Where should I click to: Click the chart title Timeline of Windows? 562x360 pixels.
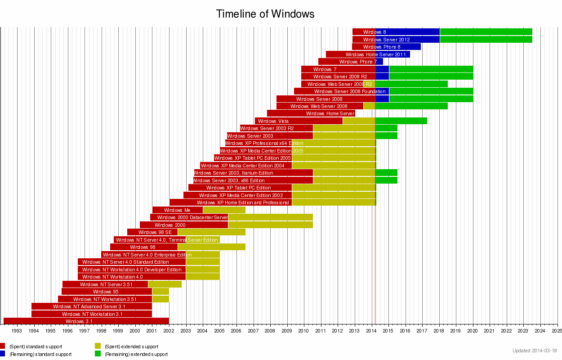click(x=265, y=14)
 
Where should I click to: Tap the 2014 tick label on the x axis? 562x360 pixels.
click(x=371, y=331)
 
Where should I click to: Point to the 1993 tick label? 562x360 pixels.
click(x=17, y=331)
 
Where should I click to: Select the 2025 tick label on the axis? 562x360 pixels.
click(x=557, y=331)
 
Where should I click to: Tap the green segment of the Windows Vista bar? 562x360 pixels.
click(x=401, y=121)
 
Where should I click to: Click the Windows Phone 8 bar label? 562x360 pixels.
click(x=381, y=47)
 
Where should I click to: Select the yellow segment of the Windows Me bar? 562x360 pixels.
click(x=224, y=210)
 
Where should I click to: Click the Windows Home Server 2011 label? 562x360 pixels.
click(x=375, y=54)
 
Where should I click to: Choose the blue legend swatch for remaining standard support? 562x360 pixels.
click(x=2, y=354)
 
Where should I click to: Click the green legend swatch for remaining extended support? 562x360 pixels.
click(x=98, y=354)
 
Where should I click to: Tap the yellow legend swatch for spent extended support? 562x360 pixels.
click(x=98, y=346)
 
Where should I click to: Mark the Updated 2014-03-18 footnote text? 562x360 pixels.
click(x=535, y=351)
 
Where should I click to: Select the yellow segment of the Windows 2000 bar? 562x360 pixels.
click(x=270, y=225)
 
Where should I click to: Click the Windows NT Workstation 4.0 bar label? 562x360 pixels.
click(x=112, y=277)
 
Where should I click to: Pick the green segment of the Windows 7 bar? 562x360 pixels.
click(x=431, y=69)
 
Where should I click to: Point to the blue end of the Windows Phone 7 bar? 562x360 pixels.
click(x=379, y=62)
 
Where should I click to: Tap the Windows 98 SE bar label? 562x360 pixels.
click(x=155, y=232)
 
